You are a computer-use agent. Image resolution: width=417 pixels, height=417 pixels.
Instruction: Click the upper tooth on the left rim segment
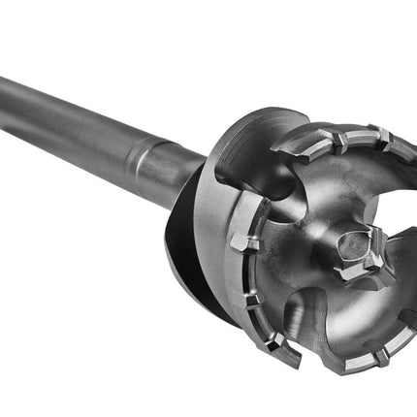coord(242,241)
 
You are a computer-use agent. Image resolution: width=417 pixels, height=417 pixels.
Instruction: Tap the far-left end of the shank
coord(5,88)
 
